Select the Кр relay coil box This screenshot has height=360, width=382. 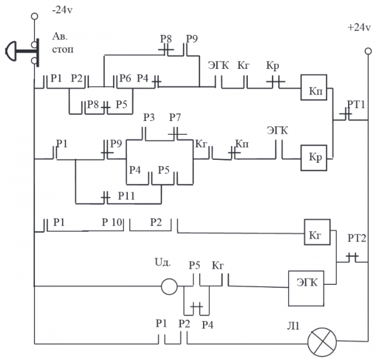tap(314, 156)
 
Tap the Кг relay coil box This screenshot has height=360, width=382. tap(318, 233)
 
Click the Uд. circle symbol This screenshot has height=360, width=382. tap(169, 285)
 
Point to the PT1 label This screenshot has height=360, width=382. tap(356, 104)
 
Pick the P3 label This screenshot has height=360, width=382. tap(149, 118)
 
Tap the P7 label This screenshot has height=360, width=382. tap(175, 118)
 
